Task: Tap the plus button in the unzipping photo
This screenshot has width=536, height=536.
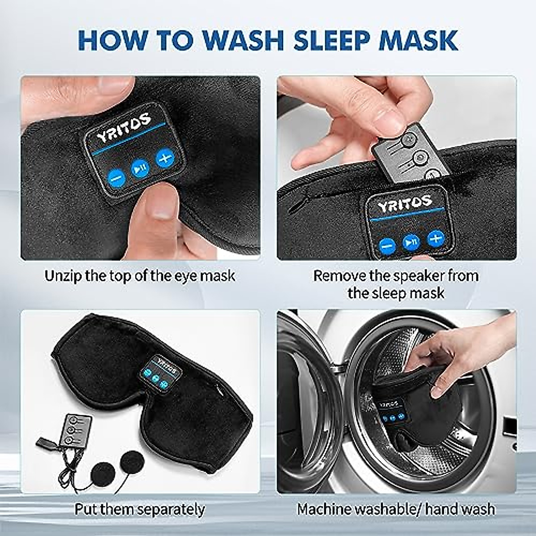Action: [164, 158]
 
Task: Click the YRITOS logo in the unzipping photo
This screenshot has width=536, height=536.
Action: [124, 127]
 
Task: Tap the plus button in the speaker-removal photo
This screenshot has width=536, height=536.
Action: [435, 238]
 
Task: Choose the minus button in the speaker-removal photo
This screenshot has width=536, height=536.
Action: [387, 245]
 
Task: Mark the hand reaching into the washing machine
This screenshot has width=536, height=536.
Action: [456, 353]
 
